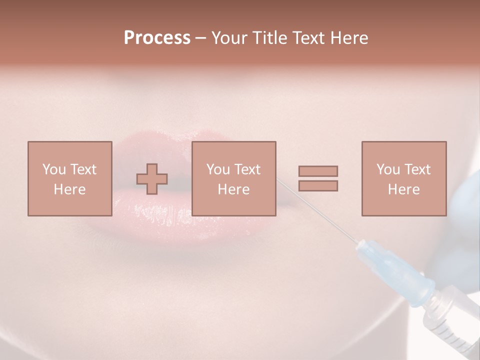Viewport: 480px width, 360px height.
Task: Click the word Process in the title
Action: (x=157, y=38)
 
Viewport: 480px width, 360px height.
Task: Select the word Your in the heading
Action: (x=230, y=38)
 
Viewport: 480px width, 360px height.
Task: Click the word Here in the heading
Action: (x=347, y=38)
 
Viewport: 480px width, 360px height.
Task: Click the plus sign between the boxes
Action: (x=152, y=178)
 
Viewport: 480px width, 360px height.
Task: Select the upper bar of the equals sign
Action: (x=318, y=171)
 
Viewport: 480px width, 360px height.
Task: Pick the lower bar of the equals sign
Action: (x=318, y=185)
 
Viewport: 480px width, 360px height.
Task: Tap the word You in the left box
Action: (x=53, y=169)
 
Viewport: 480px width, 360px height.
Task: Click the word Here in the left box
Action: (x=69, y=189)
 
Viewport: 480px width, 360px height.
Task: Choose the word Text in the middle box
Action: (x=247, y=169)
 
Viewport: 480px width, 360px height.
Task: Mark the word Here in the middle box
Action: (x=233, y=189)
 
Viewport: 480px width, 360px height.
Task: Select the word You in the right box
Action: (x=387, y=169)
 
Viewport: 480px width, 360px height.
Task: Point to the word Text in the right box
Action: (x=417, y=169)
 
